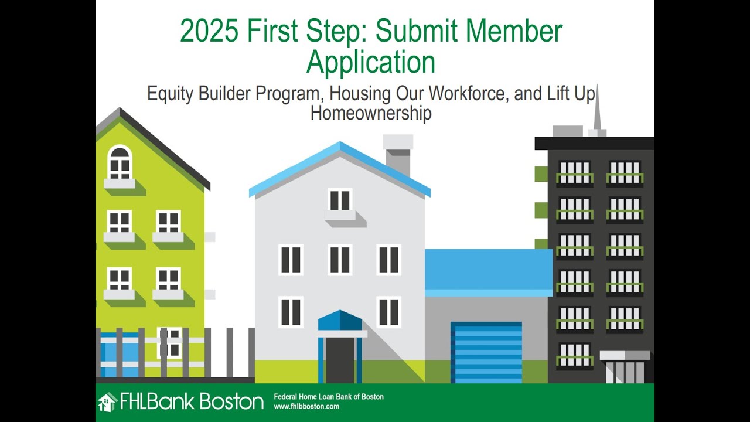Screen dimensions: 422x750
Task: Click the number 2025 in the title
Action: click(x=209, y=31)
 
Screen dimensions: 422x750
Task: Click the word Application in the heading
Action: click(x=370, y=62)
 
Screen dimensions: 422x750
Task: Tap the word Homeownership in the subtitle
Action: click(x=370, y=113)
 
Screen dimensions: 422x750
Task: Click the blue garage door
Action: click(x=486, y=352)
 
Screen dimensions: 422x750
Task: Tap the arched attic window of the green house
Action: click(x=120, y=162)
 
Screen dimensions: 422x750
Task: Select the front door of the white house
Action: click(x=340, y=359)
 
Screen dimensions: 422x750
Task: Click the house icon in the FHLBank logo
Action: click(x=107, y=402)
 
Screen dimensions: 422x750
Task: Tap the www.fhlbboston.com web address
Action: click(x=306, y=406)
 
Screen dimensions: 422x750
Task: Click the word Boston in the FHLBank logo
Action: click(x=232, y=402)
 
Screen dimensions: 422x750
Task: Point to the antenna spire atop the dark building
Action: click(x=597, y=111)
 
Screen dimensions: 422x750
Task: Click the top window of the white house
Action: click(x=340, y=200)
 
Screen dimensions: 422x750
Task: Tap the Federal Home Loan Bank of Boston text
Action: click(x=329, y=397)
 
